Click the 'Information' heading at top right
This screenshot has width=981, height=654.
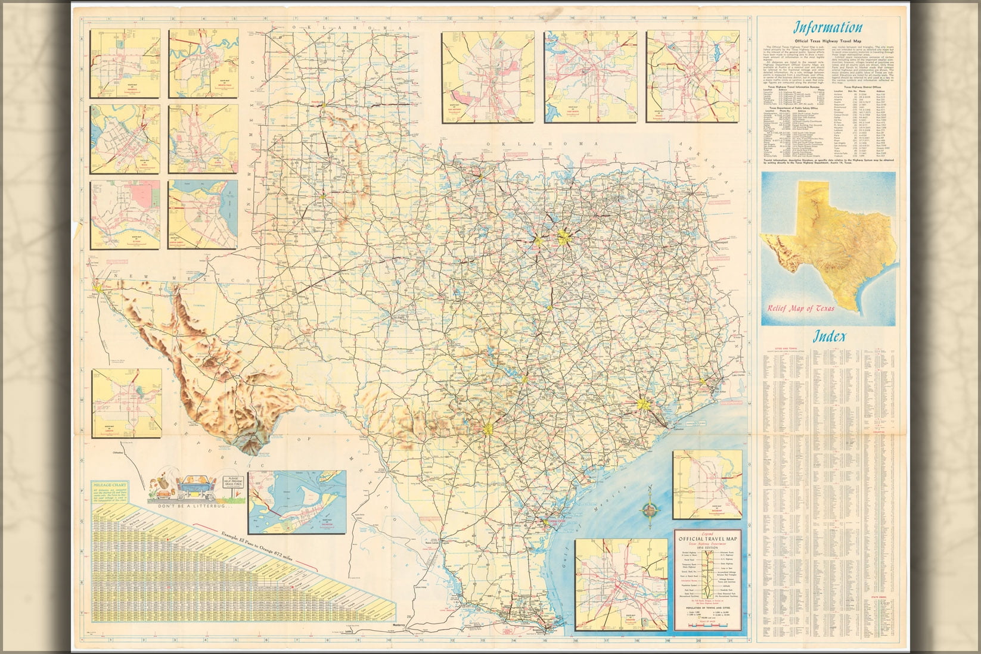pyautogui.click(x=826, y=27)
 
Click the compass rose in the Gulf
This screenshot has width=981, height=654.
pyautogui.click(x=651, y=509)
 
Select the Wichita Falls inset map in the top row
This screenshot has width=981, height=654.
pyautogui.click(x=203, y=64)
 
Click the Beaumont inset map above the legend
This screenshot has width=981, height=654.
pyautogui.click(x=706, y=484)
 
